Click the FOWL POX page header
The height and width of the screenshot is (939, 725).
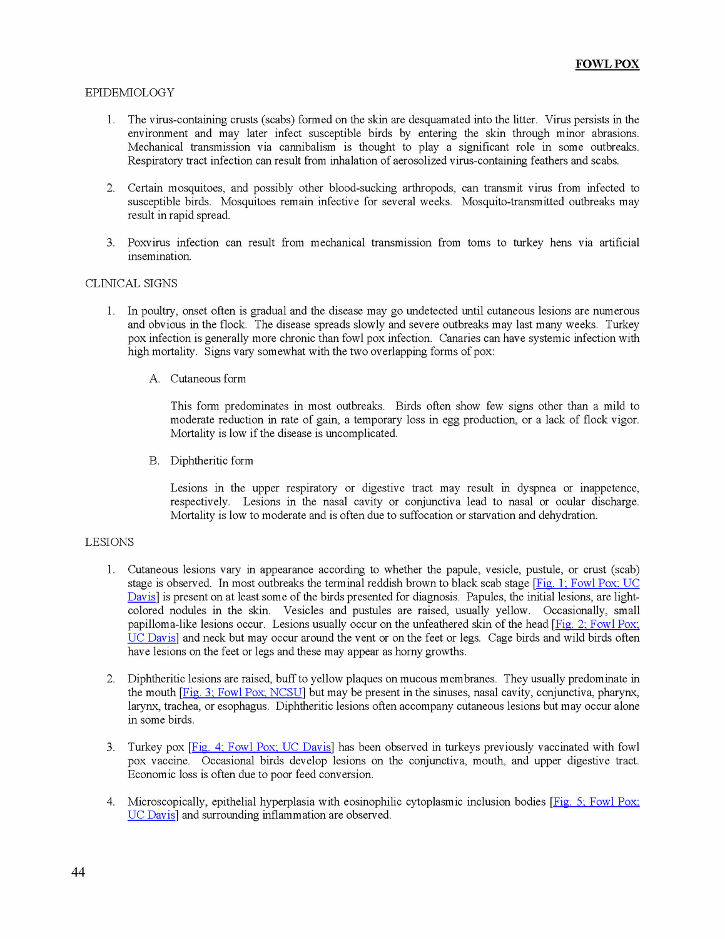[x=607, y=64]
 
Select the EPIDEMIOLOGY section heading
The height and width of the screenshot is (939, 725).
[x=129, y=93]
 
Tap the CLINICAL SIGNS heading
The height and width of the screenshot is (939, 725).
[x=131, y=284]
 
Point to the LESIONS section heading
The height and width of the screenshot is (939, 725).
[x=109, y=542]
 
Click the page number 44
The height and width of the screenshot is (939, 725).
[x=78, y=872]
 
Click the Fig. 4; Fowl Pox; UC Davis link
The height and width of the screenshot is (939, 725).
[x=261, y=747]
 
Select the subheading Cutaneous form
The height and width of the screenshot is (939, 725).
[x=208, y=379]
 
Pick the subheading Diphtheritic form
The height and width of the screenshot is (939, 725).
[x=211, y=461]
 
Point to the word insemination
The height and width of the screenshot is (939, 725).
[x=160, y=256]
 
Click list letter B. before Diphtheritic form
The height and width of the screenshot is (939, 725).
[x=154, y=461]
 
